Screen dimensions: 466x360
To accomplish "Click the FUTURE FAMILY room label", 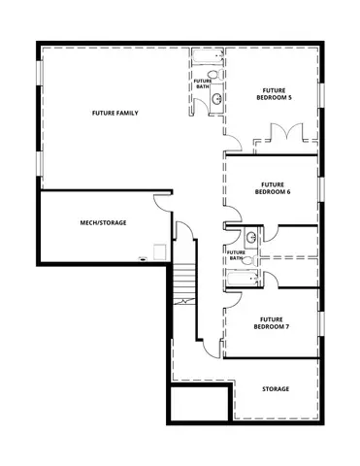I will tap(115, 114).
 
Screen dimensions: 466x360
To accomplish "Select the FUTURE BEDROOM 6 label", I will tap(272, 188).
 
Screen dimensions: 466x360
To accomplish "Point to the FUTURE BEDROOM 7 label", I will tap(272, 322).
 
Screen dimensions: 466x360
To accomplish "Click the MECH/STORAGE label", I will tap(103, 222).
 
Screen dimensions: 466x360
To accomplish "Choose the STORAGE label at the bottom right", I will tap(276, 389).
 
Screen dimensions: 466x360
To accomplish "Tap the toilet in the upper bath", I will tap(214, 73).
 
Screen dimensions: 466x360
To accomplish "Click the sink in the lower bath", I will tap(251, 237).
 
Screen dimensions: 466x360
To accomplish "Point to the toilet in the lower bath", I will tap(246, 260).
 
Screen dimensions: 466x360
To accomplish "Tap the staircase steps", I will tap(184, 286).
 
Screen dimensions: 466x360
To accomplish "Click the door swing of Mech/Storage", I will tap(161, 202).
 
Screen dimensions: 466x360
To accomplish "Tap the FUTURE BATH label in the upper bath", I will tap(203, 84).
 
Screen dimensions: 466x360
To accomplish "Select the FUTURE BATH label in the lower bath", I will tap(236, 255).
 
